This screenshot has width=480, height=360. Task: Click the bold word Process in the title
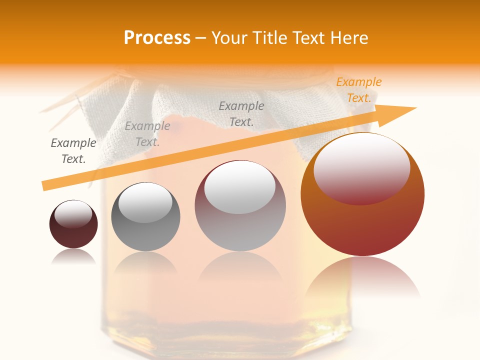157,38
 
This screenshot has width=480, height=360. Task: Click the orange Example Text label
359,90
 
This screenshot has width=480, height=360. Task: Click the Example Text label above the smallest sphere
73,150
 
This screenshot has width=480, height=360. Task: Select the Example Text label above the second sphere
147,134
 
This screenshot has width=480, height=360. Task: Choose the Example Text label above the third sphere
241,113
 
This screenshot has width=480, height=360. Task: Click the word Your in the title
229,38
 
